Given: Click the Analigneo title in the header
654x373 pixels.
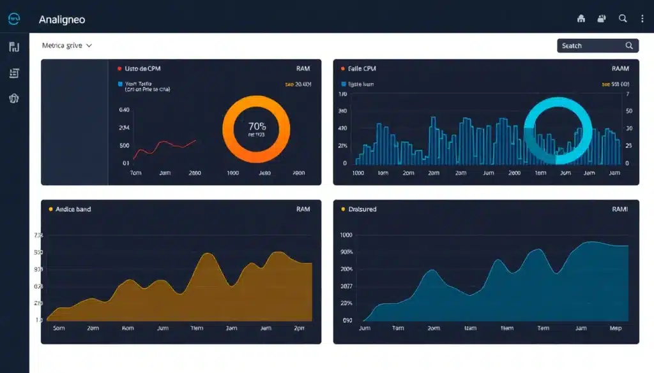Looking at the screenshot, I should [x=62, y=20].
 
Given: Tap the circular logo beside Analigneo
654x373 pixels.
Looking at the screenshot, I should [x=15, y=20].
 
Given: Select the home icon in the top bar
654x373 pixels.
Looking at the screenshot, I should [x=581, y=19].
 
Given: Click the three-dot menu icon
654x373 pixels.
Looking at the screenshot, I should [x=642, y=19].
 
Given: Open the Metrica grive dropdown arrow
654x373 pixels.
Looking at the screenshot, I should [x=89, y=46].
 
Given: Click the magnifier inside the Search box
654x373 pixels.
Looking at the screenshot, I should [x=629, y=46].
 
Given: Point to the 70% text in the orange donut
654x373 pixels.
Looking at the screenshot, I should [x=257, y=126].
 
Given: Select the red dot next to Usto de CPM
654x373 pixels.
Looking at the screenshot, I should [x=119, y=68].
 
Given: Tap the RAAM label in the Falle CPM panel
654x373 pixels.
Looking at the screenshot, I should [x=620, y=68].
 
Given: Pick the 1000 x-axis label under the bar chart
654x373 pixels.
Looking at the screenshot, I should [x=358, y=173].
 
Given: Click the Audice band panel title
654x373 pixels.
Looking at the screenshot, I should [x=73, y=209].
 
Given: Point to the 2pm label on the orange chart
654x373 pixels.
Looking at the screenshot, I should [x=299, y=328].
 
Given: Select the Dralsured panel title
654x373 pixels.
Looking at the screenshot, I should [x=362, y=209].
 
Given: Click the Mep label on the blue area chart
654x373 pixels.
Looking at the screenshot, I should [x=616, y=328].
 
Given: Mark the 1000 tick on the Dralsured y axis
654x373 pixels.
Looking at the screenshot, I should [x=346, y=235].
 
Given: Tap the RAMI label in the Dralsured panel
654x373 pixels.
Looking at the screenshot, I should [x=620, y=209].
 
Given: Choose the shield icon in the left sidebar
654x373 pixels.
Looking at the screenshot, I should [x=14, y=98].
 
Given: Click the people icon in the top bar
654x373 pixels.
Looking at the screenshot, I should [x=602, y=19].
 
